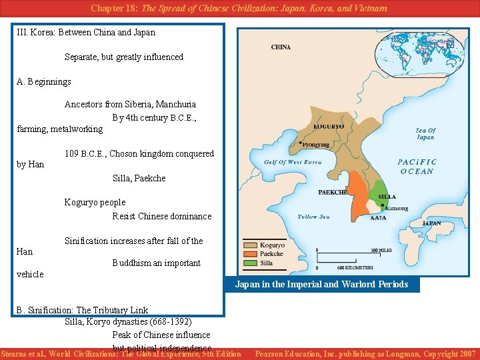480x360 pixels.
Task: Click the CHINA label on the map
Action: pyautogui.click(x=281, y=47)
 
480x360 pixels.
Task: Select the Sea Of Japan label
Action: pyautogui.click(x=425, y=134)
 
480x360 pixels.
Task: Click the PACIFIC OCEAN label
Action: pyautogui.click(x=418, y=167)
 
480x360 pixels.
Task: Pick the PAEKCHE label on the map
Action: pyautogui.click(x=332, y=192)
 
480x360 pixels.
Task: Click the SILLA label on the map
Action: pyautogui.click(x=387, y=197)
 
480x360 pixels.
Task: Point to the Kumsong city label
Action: pyautogui.click(x=397, y=208)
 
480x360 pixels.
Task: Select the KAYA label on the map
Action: pyautogui.click(x=378, y=217)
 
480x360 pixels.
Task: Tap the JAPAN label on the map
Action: pyautogui.click(x=431, y=223)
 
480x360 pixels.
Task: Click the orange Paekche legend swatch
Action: pyautogui.click(x=251, y=254)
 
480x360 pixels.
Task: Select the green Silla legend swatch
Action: pyautogui.click(x=251, y=263)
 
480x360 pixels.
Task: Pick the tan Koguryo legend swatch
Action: pyautogui.click(x=251, y=245)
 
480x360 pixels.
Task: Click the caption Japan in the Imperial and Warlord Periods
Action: pyautogui.click(x=321, y=284)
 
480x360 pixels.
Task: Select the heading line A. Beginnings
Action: pyautogui.click(x=44, y=82)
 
